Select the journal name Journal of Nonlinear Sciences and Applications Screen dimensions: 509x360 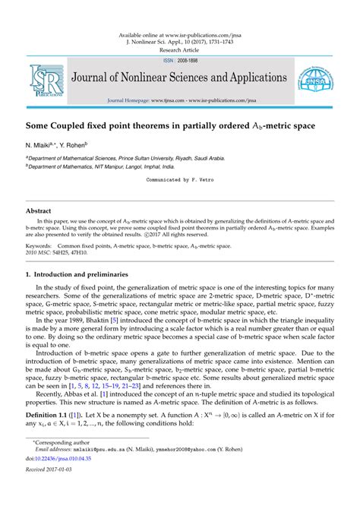[x=179, y=78]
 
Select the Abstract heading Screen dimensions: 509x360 [x=39, y=210]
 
